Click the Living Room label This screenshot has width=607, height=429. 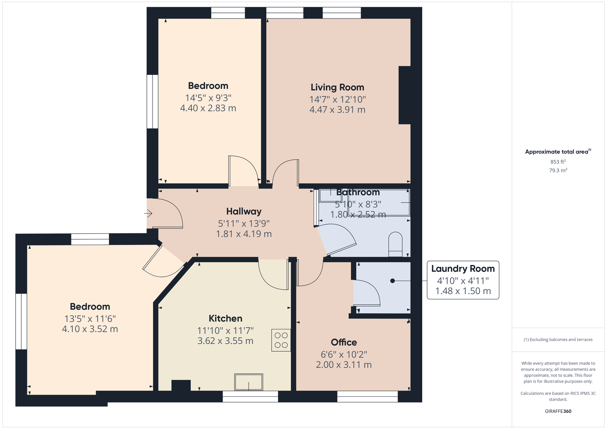[x=337, y=87]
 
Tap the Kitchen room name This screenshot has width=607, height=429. [x=225, y=318]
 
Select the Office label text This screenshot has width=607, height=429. [x=344, y=342]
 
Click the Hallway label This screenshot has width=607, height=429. [x=244, y=211]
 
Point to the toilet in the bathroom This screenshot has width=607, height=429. [x=395, y=244]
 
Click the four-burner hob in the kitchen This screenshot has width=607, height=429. [x=281, y=340]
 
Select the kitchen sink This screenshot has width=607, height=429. [x=248, y=382]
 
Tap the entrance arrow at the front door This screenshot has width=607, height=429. [x=148, y=214]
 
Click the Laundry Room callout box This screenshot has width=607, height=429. [x=463, y=280]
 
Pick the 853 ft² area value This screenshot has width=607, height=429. [x=558, y=162]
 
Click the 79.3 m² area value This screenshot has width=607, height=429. [x=558, y=170]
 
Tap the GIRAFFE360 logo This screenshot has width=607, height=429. [x=558, y=411]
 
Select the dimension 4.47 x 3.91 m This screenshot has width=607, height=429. [x=337, y=110]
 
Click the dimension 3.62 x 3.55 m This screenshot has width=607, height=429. [x=225, y=341]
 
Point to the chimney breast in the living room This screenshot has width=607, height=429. [x=404, y=95]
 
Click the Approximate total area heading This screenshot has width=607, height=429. [x=558, y=151]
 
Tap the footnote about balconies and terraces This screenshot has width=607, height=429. [x=558, y=339]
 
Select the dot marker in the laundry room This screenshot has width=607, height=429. [x=392, y=281]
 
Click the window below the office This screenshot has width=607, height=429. [x=368, y=396]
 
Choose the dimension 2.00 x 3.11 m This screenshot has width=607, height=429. [x=344, y=365]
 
